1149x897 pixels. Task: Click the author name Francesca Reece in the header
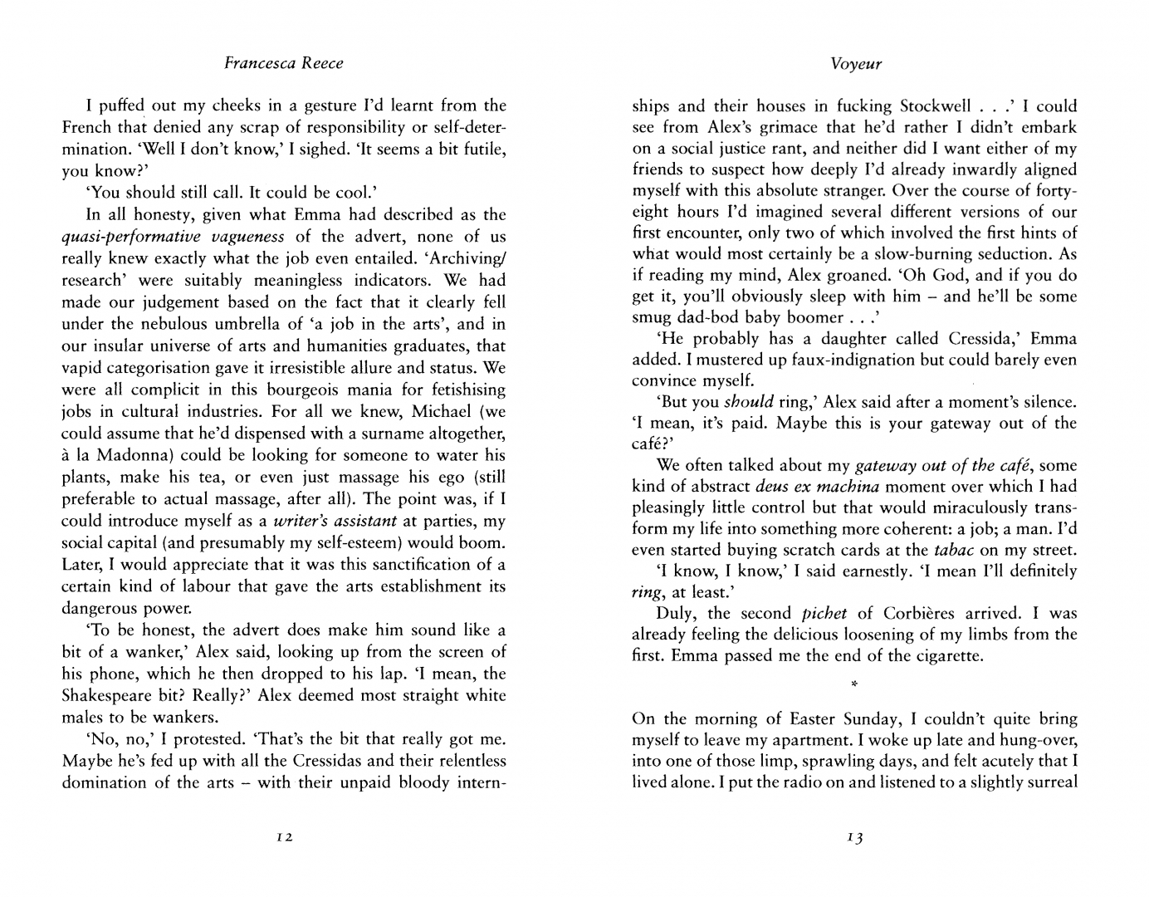pos(283,63)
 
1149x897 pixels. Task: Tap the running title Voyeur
pos(855,64)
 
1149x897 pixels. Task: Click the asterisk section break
pos(854,685)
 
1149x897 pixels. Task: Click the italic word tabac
pos(953,550)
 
